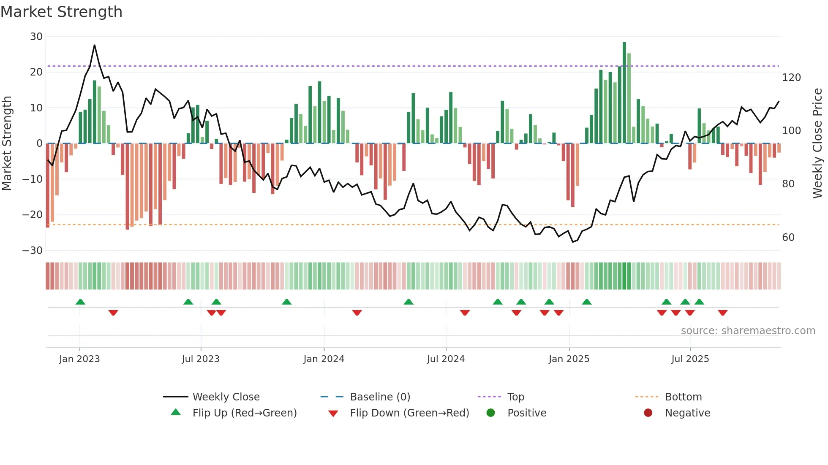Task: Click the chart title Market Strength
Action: point(61,12)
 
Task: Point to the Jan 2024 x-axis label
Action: point(324,359)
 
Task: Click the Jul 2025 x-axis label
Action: point(690,359)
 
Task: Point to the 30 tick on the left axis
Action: point(36,37)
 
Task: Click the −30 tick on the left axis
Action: point(33,251)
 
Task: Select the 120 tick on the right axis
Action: point(791,78)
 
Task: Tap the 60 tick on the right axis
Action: point(788,238)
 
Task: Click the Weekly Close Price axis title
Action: point(817,143)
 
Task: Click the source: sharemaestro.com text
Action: point(748,331)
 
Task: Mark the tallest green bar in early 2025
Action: point(624,93)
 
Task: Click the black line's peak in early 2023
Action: point(94,45)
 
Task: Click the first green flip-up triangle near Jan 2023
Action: point(80,302)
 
